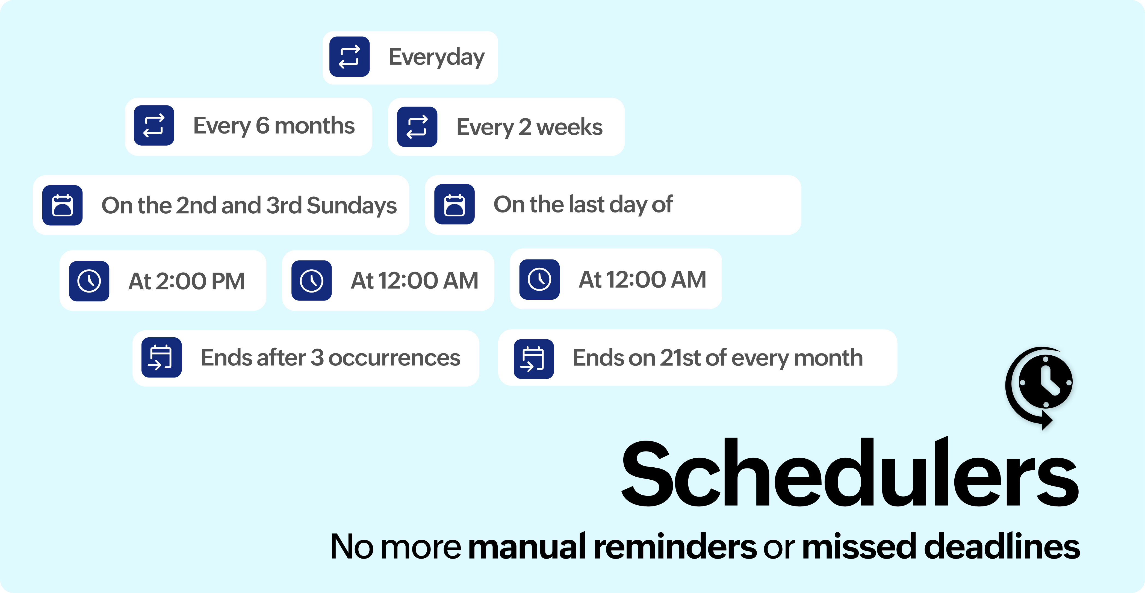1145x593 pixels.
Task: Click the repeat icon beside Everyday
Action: [x=349, y=57]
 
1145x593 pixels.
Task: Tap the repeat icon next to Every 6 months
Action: [x=154, y=125]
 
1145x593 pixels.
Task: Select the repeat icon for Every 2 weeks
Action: [x=417, y=127]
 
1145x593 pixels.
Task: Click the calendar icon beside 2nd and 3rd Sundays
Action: [x=62, y=205]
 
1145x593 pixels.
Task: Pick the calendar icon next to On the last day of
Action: [x=454, y=205]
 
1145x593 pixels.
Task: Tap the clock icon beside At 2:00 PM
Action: [x=89, y=281]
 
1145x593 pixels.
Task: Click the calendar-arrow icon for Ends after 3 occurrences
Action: [x=161, y=357]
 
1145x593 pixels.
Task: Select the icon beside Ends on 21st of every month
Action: [x=533, y=359]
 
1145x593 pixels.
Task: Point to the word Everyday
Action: [x=436, y=58]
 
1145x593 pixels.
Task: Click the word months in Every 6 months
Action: [x=314, y=126]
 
